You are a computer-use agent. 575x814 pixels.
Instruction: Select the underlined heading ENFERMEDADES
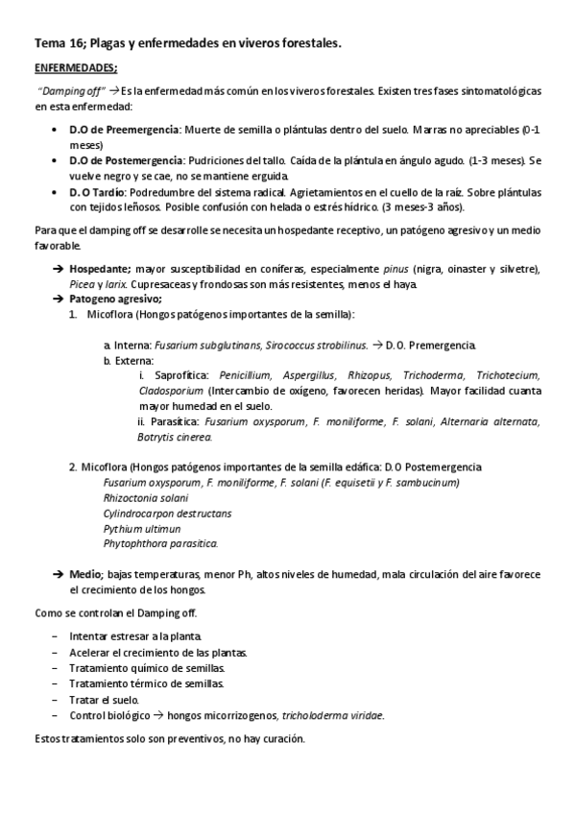click(x=76, y=68)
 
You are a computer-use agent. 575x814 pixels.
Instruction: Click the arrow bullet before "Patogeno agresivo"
click(x=59, y=299)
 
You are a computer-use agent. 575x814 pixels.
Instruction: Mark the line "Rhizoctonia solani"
click(x=146, y=497)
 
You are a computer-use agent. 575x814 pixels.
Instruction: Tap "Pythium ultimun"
click(x=141, y=528)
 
